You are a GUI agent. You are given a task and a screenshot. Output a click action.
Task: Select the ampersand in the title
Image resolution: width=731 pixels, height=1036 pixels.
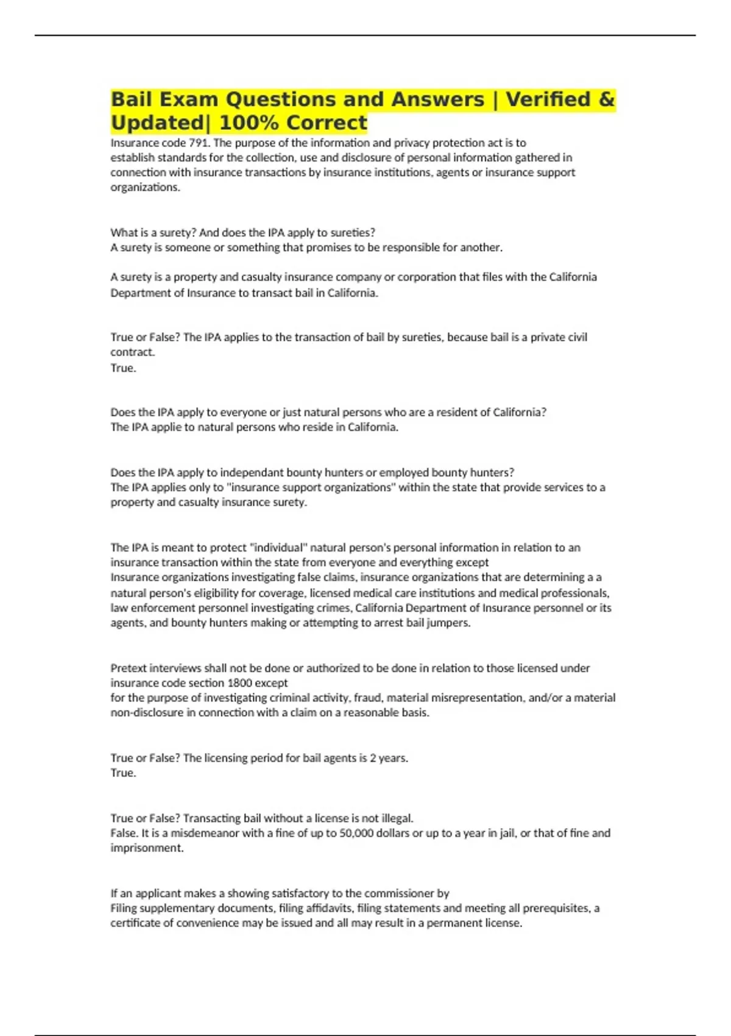(607, 99)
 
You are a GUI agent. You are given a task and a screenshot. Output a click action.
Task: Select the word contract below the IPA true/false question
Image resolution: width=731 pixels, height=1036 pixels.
(132, 352)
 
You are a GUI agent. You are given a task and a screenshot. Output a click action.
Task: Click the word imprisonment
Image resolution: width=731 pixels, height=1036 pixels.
(146, 848)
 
